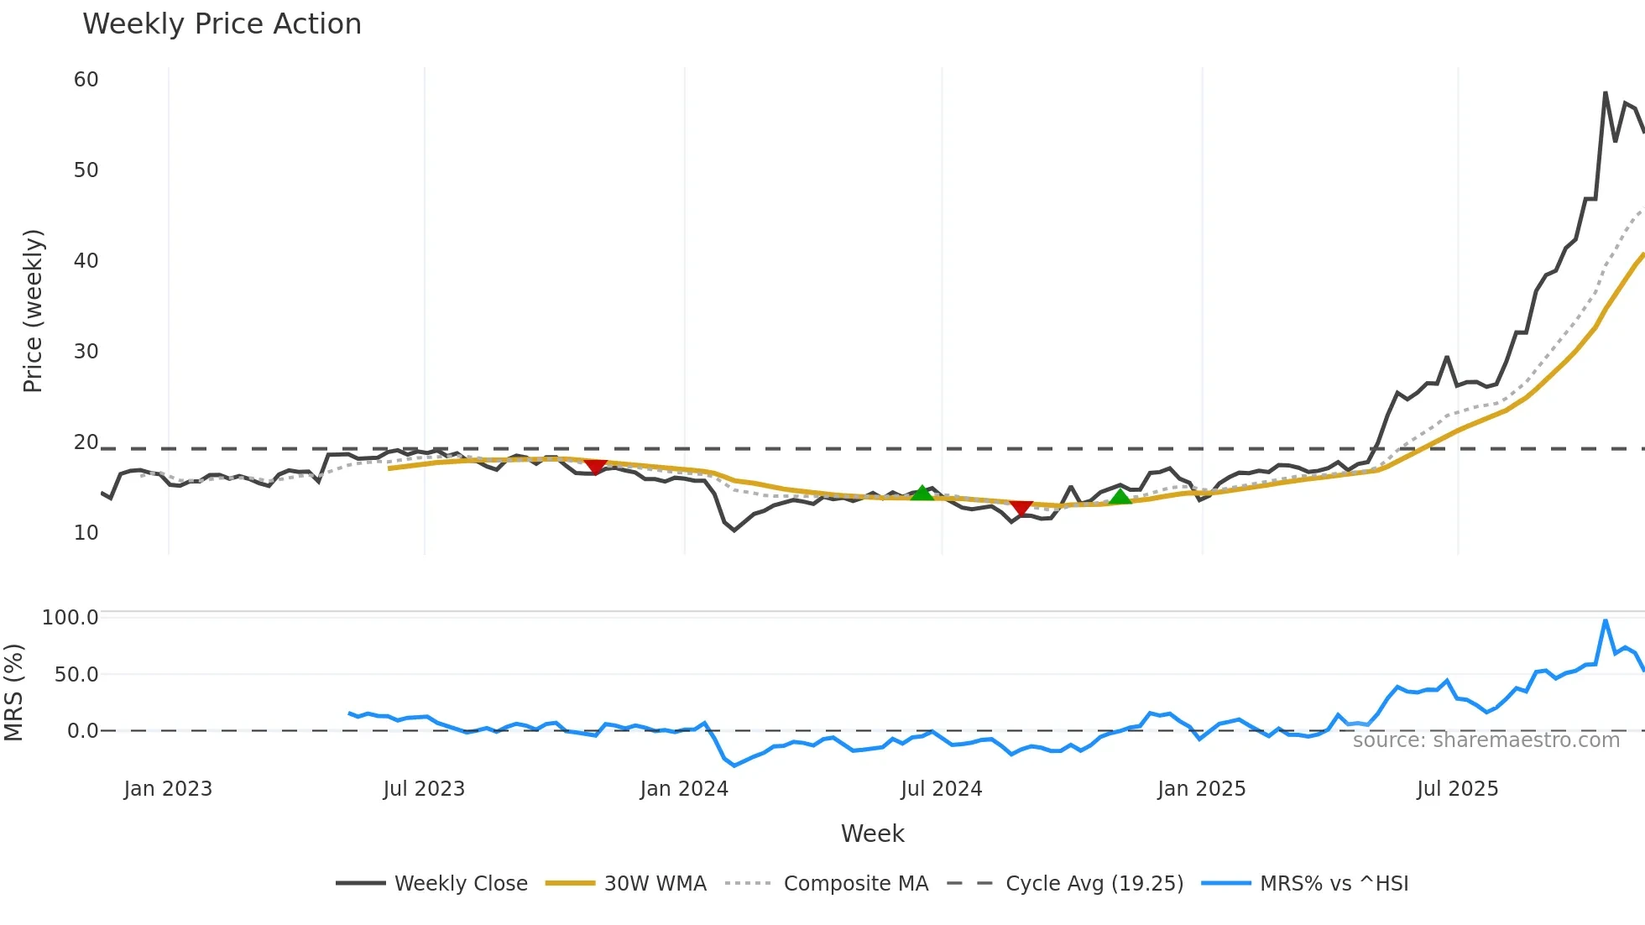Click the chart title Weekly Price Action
click(222, 24)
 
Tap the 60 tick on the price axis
click(86, 80)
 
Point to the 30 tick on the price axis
click(86, 352)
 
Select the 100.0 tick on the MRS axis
click(70, 618)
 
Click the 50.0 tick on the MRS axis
click(76, 675)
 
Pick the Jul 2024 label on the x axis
click(941, 789)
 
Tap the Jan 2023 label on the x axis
click(168, 789)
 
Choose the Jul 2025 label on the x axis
click(1457, 789)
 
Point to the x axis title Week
click(872, 834)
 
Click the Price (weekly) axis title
click(33, 311)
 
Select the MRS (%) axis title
click(13, 692)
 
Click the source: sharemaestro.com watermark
click(1486, 740)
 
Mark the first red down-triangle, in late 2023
click(595, 467)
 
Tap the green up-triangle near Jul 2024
click(922, 493)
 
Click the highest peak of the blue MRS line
click(1605, 621)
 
